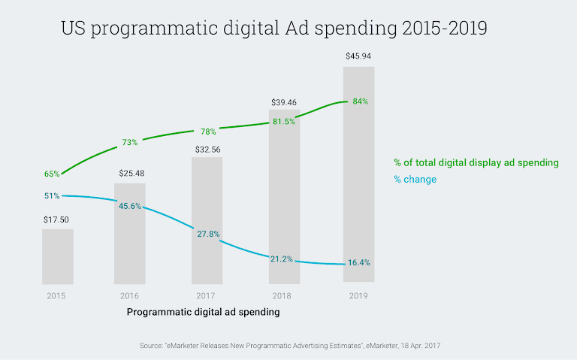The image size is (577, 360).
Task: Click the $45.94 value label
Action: [x=358, y=56]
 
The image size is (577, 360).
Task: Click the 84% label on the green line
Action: [x=359, y=101]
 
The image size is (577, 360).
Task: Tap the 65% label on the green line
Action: [x=52, y=174]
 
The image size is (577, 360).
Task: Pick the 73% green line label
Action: [x=130, y=142]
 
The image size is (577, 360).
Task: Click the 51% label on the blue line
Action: [x=52, y=195]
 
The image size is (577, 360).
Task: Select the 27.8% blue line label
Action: [x=208, y=234]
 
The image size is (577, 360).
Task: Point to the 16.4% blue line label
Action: [x=358, y=263]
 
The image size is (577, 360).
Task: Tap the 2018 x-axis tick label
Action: [x=282, y=295]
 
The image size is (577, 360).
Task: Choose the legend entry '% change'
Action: [x=415, y=180]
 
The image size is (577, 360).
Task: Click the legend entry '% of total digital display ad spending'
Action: [x=476, y=162]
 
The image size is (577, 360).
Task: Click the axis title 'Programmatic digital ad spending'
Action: [x=203, y=312]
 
